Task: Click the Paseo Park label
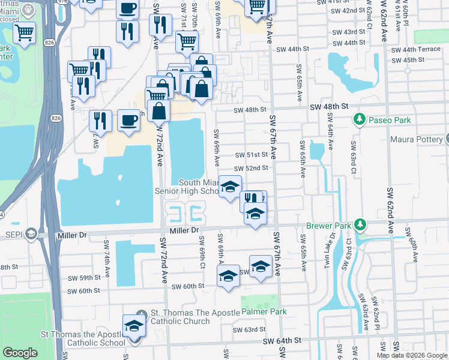(x=390, y=120)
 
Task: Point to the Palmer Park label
(x=264, y=312)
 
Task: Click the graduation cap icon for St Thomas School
(x=134, y=327)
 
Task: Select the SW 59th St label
(x=83, y=278)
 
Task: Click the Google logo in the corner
(x=20, y=353)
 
